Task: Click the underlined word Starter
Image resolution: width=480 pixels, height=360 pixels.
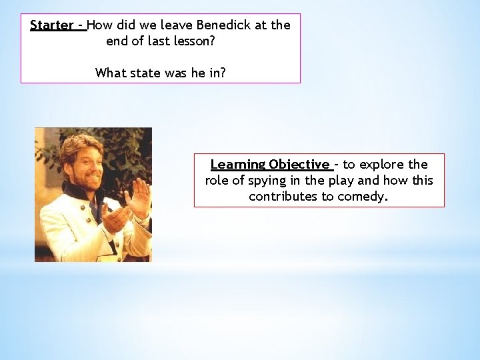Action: [52, 25]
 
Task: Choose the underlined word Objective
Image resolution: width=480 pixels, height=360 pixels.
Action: [299, 165]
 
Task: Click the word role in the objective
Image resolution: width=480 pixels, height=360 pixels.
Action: [217, 181]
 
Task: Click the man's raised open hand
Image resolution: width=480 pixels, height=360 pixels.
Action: [141, 197]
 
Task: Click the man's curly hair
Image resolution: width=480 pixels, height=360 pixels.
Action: [79, 144]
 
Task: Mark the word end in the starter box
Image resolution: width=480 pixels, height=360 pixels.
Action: [117, 41]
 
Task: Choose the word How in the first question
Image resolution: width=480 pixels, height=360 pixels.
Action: [100, 25]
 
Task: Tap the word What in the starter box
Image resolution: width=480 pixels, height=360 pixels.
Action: [109, 73]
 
